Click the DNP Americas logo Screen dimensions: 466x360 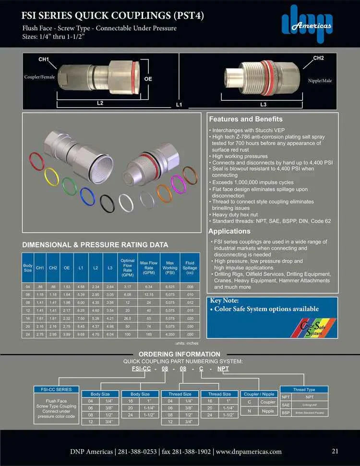[306, 24]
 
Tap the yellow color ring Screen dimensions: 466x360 [52, 177]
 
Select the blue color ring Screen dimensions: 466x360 [87, 196]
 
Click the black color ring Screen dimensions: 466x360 [107, 204]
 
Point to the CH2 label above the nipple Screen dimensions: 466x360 [318, 58]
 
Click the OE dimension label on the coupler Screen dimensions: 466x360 [148, 78]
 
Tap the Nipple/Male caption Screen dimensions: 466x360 [320, 81]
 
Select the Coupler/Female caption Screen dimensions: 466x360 [39, 77]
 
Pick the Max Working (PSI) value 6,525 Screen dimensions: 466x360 [169, 287]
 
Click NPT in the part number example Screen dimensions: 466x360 [223, 369]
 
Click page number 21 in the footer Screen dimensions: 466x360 [336, 451]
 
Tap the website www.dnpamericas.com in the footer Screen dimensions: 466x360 [249, 452]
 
